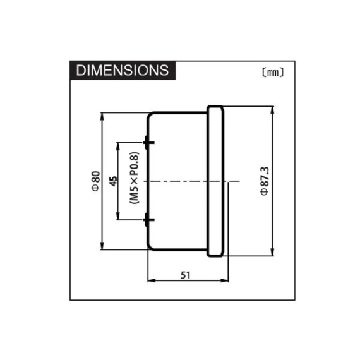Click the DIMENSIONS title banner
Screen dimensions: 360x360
(x=123, y=70)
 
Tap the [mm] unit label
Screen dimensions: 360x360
(x=272, y=73)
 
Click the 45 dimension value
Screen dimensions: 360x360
(x=113, y=181)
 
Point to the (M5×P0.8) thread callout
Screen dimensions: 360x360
(x=135, y=178)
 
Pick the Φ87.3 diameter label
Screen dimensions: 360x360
(x=265, y=181)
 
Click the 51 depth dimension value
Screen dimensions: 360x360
(x=186, y=275)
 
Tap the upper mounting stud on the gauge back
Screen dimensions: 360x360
(x=148, y=143)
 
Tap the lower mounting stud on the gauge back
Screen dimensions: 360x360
(x=148, y=220)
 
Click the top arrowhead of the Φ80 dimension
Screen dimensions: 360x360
(x=102, y=116)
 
